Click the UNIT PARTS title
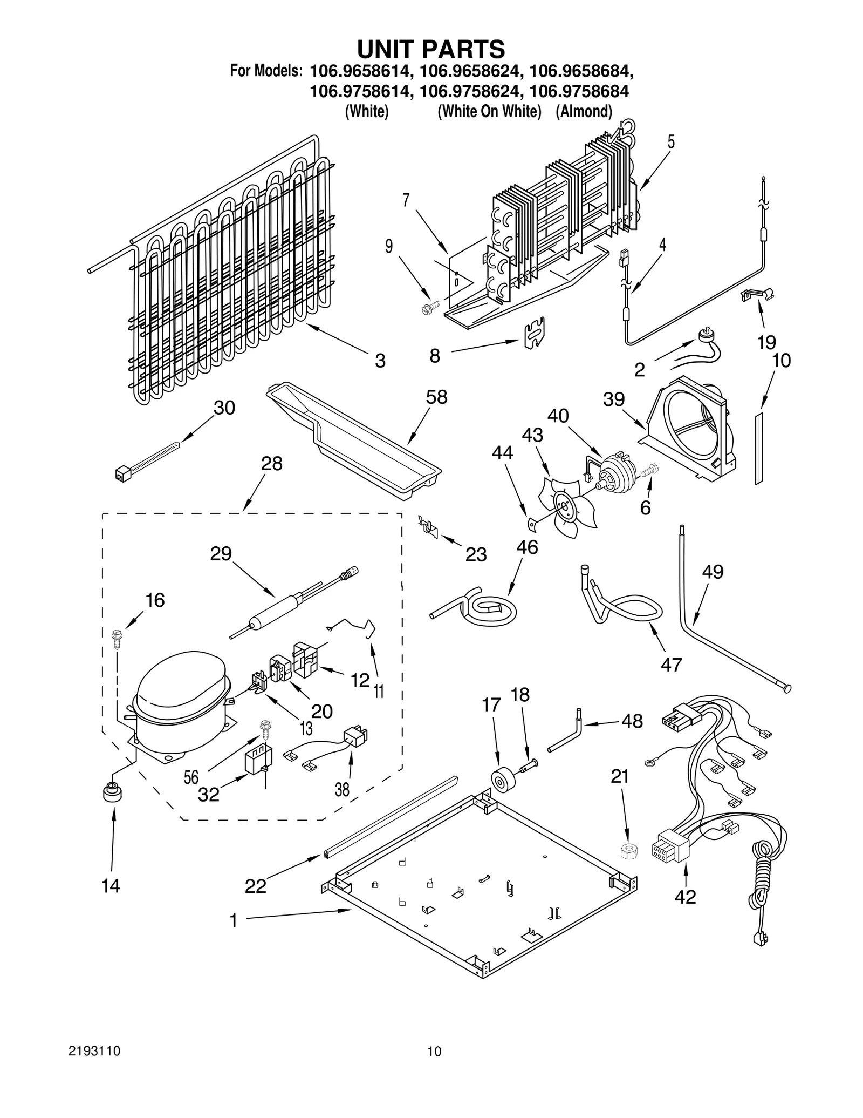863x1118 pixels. [x=431, y=49]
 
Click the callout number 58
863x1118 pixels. [x=436, y=397]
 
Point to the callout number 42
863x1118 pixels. [x=685, y=897]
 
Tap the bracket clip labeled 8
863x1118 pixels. [x=535, y=333]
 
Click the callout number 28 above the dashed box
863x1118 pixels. [x=271, y=463]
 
